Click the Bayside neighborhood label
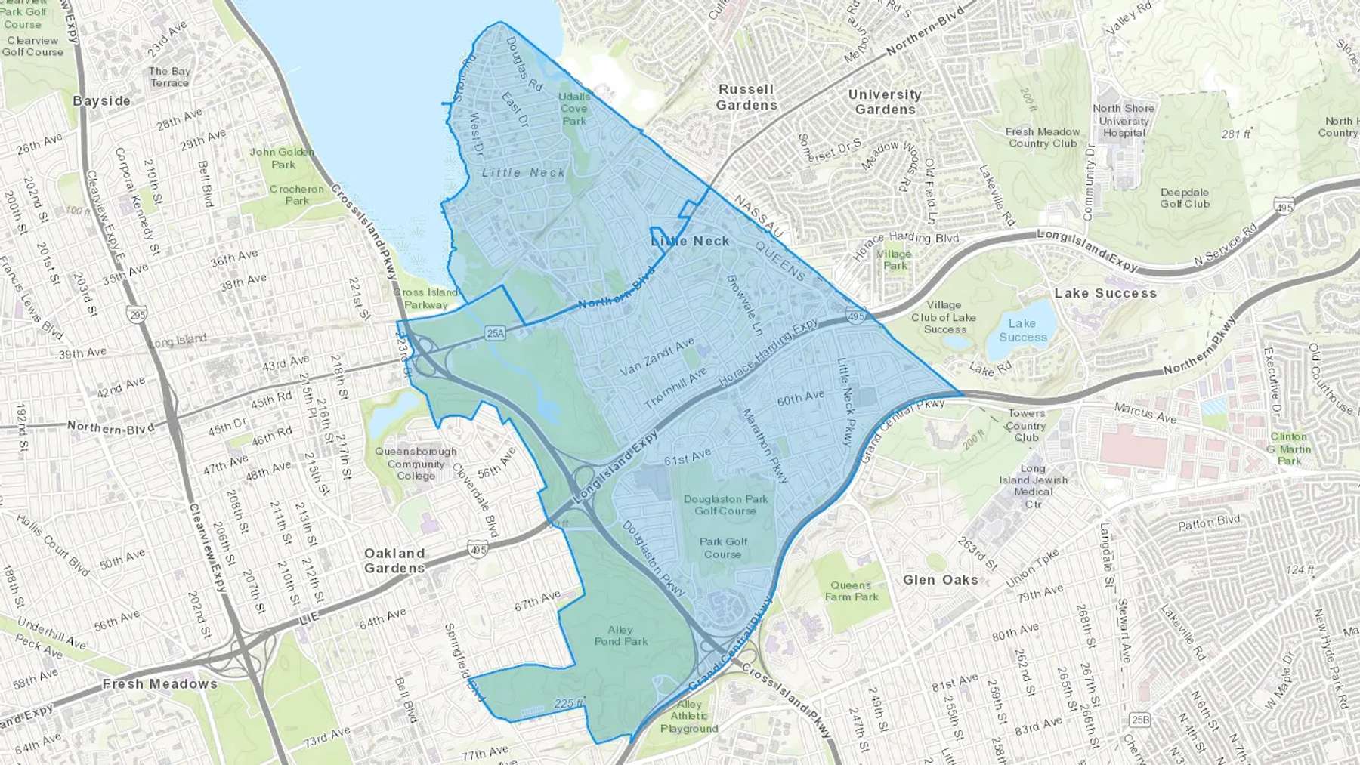pyautogui.click(x=101, y=101)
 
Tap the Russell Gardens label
pyautogui.click(x=746, y=97)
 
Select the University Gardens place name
pyautogui.click(x=885, y=102)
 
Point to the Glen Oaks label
pyautogui.click(x=941, y=580)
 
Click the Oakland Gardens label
pyautogui.click(x=394, y=561)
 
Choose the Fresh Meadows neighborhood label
pyautogui.click(x=160, y=684)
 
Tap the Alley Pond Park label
pyautogui.click(x=621, y=635)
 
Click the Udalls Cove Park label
pyautogui.click(x=574, y=109)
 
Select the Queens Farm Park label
pyautogui.click(x=852, y=591)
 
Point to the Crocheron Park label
pyautogui.click(x=297, y=195)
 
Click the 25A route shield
pyautogui.click(x=495, y=333)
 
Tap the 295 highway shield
pyautogui.click(x=137, y=314)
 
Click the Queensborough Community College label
pyautogui.click(x=416, y=464)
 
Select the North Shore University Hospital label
pyautogui.click(x=1124, y=121)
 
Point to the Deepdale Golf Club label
pyautogui.click(x=1185, y=198)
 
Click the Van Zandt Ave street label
pyautogui.click(x=657, y=357)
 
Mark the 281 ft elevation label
pyautogui.click(x=1236, y=134)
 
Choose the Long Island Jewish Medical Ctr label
pyautogui.click(x=1034, y=486)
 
